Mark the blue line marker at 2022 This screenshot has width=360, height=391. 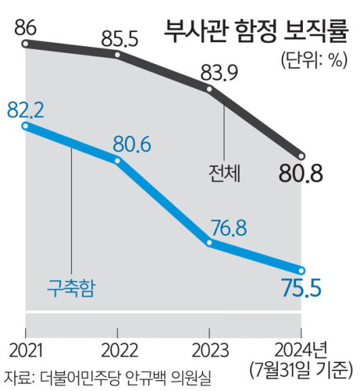pyautogui.click(x=118, y=161)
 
